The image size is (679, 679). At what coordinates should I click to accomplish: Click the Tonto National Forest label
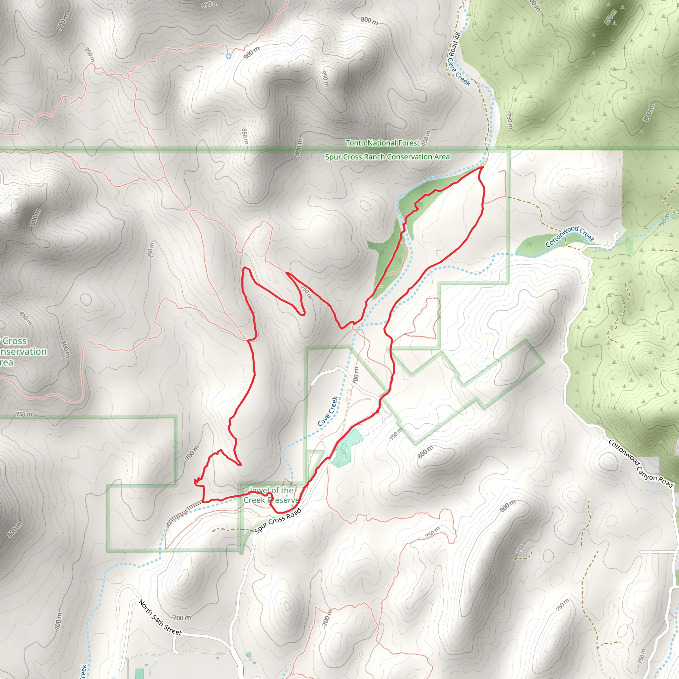382,143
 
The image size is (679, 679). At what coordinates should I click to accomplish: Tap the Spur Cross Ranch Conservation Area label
387,157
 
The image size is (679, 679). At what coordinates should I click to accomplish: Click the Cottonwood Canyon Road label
641,463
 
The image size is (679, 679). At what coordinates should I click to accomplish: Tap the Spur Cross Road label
278,521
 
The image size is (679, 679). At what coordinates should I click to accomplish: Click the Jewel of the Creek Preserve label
271,495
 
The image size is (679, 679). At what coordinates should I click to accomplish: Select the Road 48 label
455,44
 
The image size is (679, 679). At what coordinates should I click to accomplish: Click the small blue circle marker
229,56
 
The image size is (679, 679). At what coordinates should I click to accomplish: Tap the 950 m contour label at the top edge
210,5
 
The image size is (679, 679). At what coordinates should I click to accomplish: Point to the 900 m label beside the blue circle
252,52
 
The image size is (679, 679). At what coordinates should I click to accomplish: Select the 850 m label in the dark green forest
610,17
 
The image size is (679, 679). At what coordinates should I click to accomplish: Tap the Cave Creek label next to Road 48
459,72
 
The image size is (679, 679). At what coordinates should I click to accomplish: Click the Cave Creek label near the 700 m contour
328,411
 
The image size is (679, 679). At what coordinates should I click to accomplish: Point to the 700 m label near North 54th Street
182,617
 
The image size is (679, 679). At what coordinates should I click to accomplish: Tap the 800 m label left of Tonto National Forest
298,147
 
